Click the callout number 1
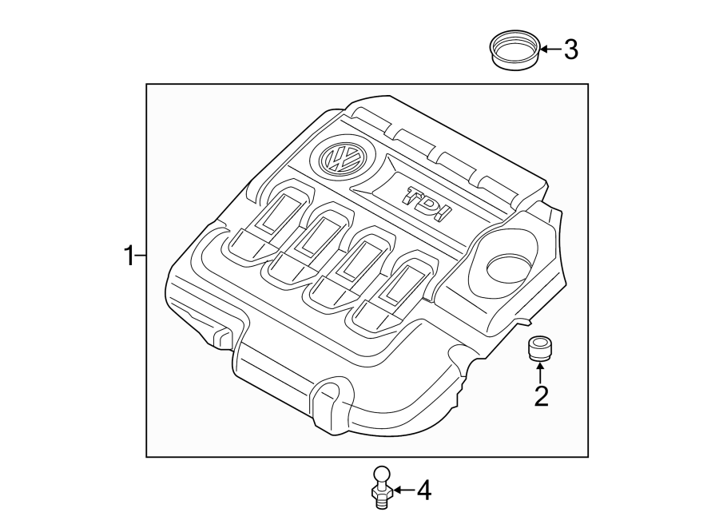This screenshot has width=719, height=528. click(127, 256)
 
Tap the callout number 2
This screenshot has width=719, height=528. click(541, 395)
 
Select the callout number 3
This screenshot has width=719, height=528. click(570, 50)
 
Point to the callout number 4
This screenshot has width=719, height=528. click(423, 490)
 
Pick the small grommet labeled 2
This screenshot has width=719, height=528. click(540, 349)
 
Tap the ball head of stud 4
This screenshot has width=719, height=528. click(382, 474)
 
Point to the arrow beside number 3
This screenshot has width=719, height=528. click(550, 50)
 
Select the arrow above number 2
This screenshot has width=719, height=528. click(541, 371)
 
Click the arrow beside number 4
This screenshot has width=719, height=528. click(403, 490)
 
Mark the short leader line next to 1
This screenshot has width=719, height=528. click(141, 256)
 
